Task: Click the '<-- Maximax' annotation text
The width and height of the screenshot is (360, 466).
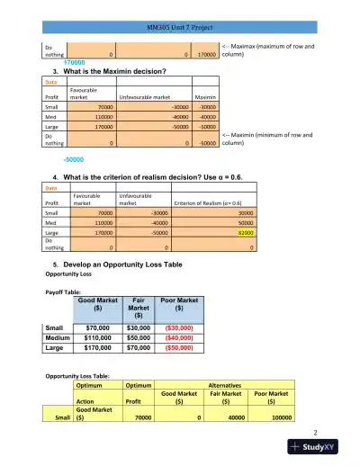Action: coord(266,44)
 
